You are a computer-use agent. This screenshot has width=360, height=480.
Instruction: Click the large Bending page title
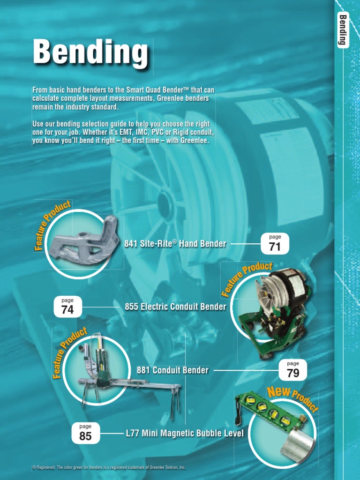[x=90, y=52]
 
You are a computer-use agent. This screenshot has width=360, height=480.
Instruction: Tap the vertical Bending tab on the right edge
[x=343, y=30]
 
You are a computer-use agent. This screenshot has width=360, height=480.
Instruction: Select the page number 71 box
[x=275, y=244]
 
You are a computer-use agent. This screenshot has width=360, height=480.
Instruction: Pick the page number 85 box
[x=85, y=433]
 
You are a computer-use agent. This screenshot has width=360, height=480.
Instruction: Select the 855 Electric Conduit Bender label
[x=175, y=307]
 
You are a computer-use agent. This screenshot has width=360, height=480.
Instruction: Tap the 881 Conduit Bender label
[x=172, y=370]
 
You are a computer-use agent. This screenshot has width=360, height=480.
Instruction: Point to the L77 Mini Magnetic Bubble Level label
[x=185, y=434]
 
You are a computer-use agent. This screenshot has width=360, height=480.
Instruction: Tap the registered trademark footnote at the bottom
[x=109, y=467]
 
